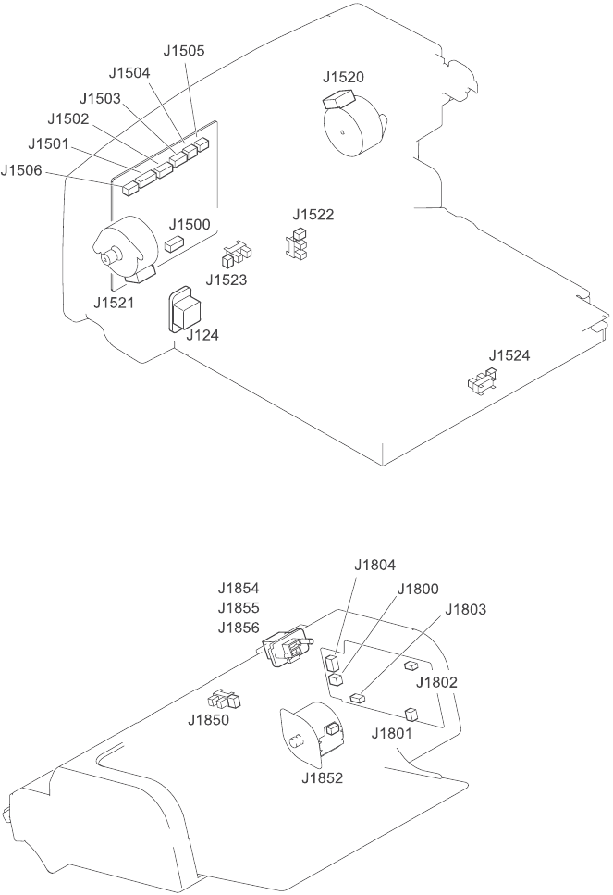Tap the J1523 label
227,279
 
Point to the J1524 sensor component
483,379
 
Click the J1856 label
239,628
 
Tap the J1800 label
418,589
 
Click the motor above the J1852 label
309,736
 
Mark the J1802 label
437,682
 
